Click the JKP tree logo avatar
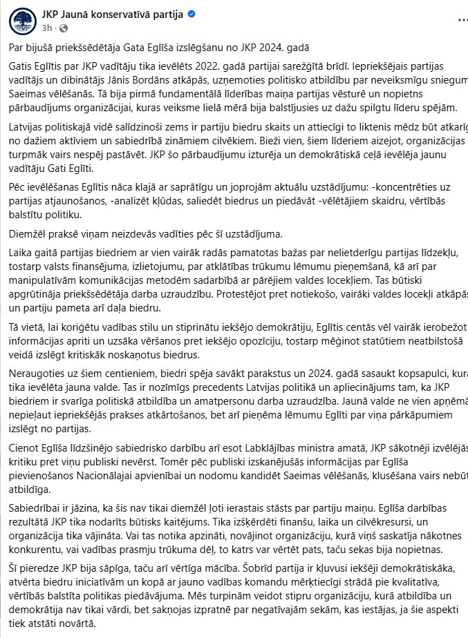point(23,21)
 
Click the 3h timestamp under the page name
point(47,28)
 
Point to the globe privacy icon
point(64,29)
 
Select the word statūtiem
point(355,342)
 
